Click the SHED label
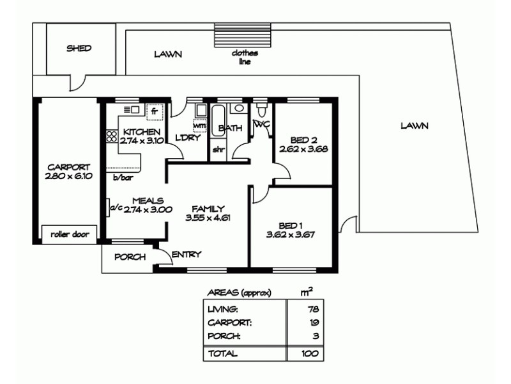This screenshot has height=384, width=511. click(79, 48)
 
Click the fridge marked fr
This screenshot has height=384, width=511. click(154, 111)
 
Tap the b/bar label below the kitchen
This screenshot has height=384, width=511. click(123, 177)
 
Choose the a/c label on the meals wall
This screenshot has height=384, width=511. click(116, 207)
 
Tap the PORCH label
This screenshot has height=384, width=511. click(130, 257)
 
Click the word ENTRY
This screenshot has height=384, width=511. click(187, 254)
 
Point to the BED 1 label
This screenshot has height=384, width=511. click(291, 225)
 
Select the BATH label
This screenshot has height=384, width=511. click(230, 128)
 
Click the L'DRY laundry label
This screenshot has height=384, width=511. click(187, 138)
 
